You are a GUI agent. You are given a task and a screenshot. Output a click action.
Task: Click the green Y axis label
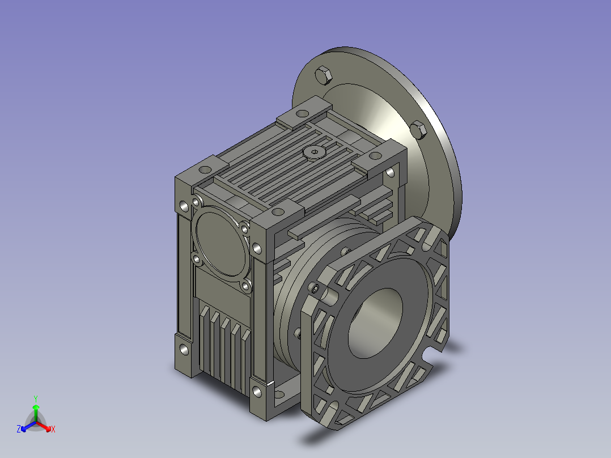click(x=35, y=398)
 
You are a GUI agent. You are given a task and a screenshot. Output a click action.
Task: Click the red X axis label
click(x=53, y=430)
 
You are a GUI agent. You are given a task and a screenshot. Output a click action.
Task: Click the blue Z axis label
click(x=19, y=430)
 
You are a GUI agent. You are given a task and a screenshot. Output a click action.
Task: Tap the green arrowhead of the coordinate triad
click(x=36, y=407)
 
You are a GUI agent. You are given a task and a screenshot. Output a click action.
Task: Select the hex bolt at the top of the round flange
click(x=323, y=75)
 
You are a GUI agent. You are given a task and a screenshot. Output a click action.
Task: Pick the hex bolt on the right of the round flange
click(x=419, y=129)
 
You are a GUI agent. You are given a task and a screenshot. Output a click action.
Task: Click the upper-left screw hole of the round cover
click(x=197, y=202)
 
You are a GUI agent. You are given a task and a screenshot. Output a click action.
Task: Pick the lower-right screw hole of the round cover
click(x=246, y=286)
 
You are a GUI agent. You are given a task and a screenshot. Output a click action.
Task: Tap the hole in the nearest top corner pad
click(x=277, y=211)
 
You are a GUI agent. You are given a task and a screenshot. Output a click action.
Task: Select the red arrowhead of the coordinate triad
click(x=48, y=426)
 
